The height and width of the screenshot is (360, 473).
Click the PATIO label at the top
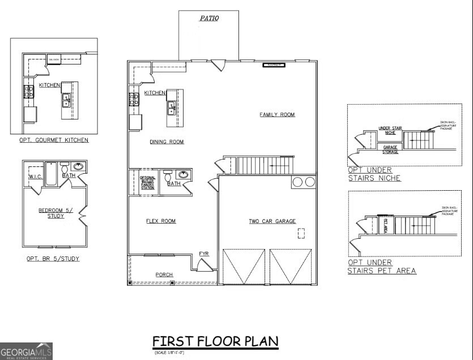point(209,18)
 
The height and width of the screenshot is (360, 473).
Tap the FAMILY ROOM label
point(277,115)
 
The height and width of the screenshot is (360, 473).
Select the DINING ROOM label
point(167,142)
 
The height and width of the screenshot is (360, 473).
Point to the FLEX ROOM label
point(161,221)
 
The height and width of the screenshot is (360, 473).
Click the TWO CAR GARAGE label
point(272,221)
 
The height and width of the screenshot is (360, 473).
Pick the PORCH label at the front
point(164,275)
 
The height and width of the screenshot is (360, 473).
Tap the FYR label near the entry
point(204,254)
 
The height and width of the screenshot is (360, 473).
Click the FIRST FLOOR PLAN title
point(215,341)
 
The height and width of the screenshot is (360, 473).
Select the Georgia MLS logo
point(26,351)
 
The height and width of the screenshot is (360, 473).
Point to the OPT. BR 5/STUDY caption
point(53,259)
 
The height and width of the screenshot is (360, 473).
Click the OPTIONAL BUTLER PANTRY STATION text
point(147,182)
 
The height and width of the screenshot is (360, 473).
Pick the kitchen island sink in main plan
point(171,108)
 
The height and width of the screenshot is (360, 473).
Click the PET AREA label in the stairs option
point(386,228)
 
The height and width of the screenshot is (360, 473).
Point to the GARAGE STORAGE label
point(390,149)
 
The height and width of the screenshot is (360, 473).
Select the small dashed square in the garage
point(301,233)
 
